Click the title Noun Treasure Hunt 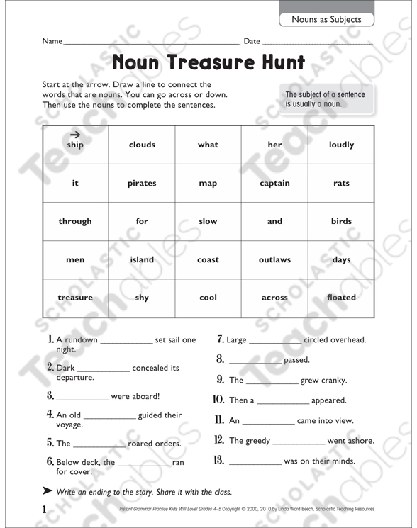pos(208,62)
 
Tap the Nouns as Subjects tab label pos(326,19)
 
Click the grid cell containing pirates pos(142,183)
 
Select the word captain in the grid pos(274,183)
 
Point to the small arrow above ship pos(75,135)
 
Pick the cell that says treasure pos(75,298)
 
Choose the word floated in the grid pos(341,298)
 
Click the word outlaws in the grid pos(274,259)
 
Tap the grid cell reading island pos(142,259)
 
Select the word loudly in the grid pos(341,145)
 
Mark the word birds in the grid pos(341,221)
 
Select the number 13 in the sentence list pos(219,461)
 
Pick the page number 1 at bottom pos(44,510)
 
